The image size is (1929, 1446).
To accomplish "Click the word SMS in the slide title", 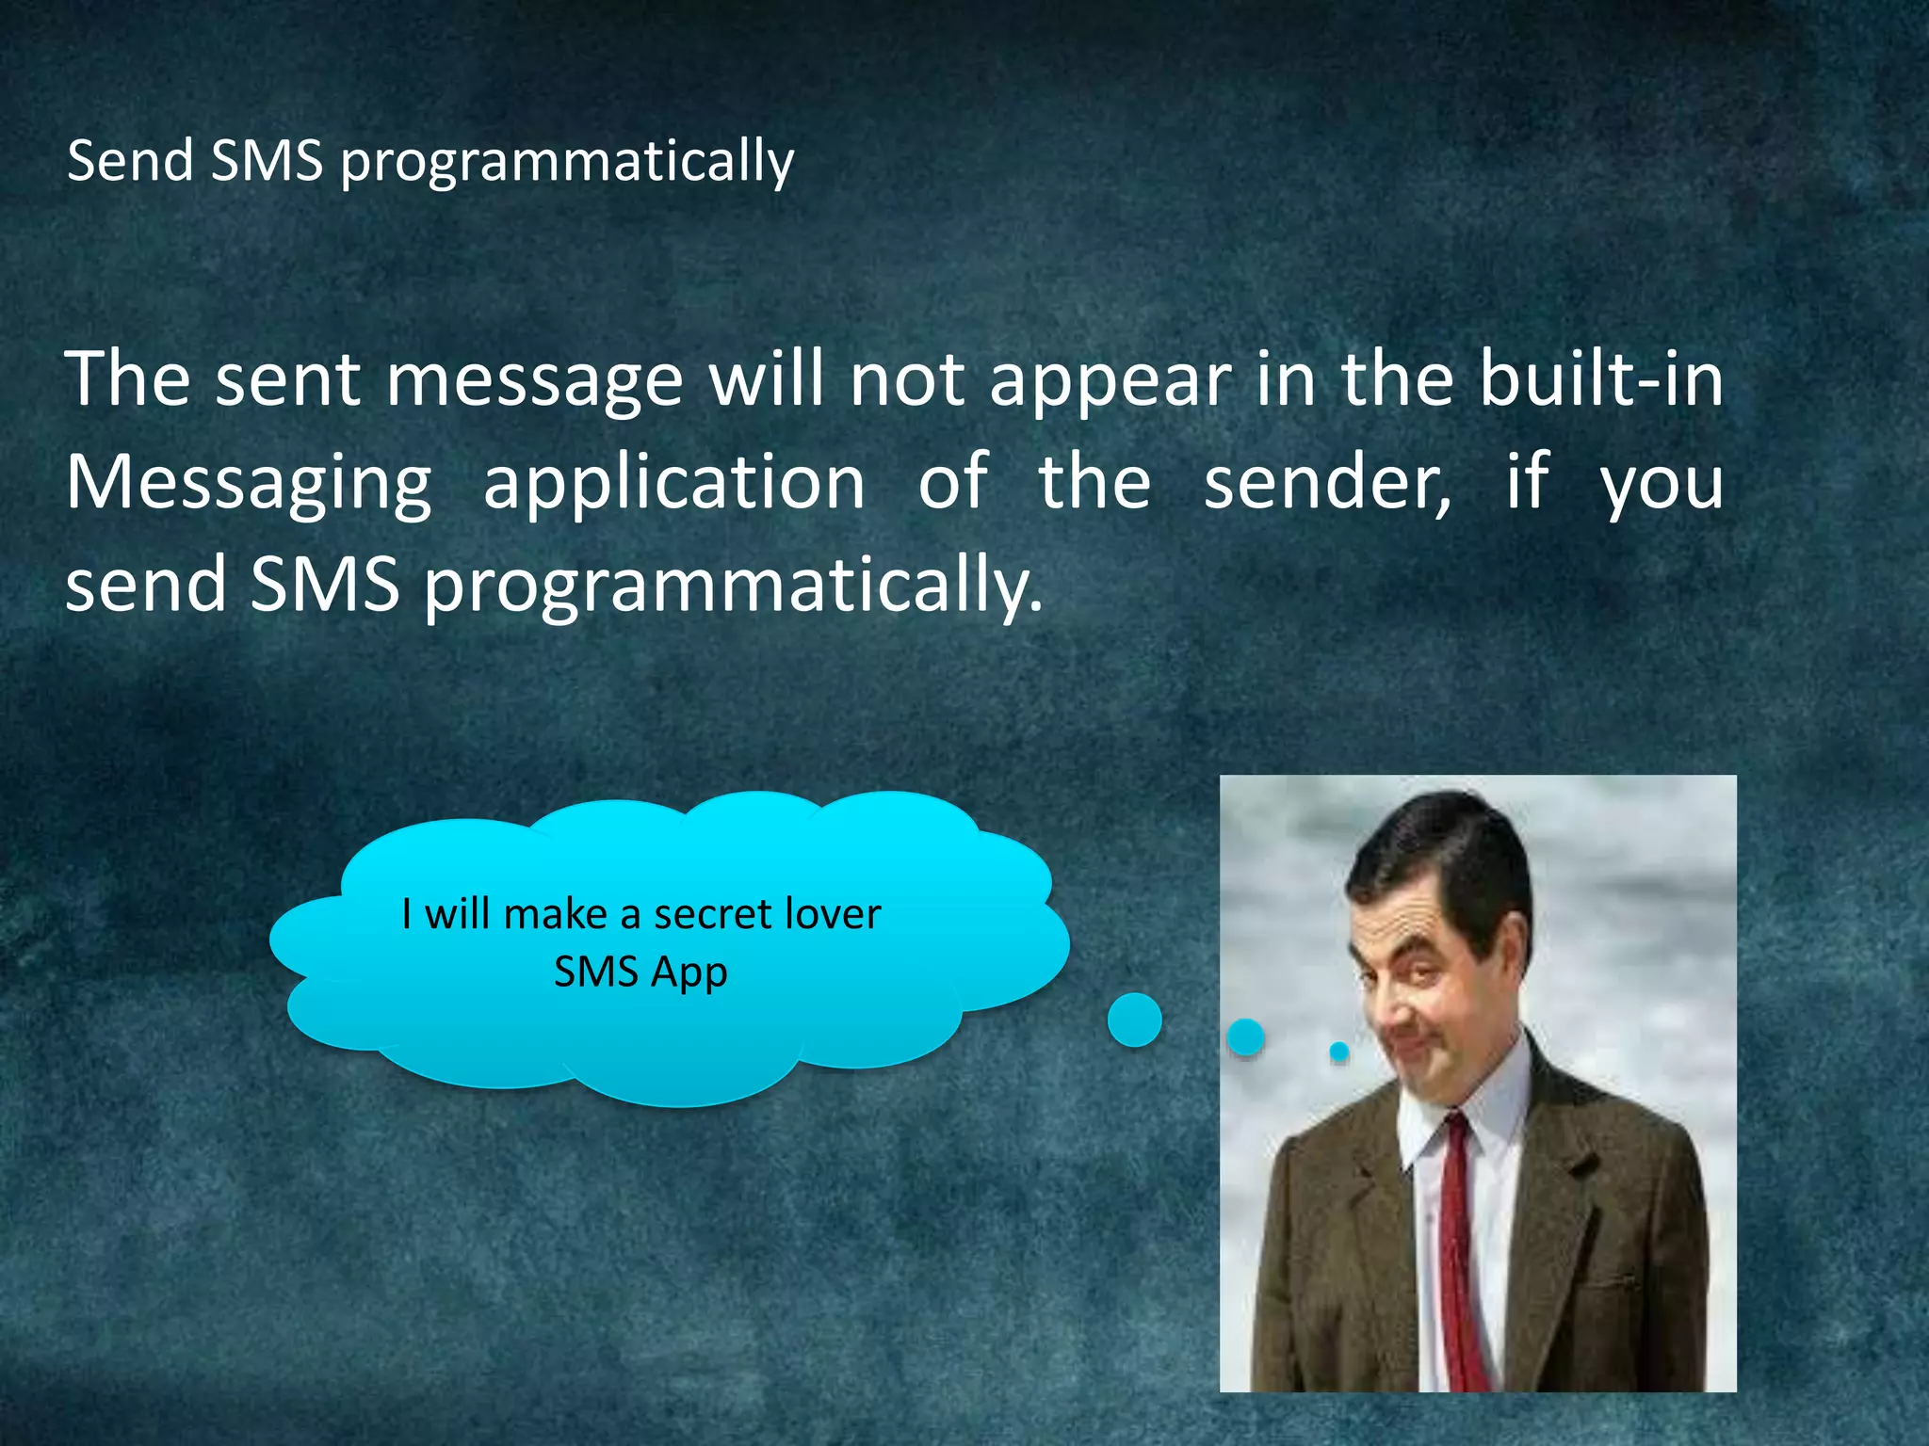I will coord(267,160).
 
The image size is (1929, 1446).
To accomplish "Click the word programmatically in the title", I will coord(567,162).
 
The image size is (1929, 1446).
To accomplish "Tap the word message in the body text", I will coord(534,379).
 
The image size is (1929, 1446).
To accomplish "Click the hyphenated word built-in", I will coord(1600,379).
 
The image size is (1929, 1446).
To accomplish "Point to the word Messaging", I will coord(248,483).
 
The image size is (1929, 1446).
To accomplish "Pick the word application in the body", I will coord(673,483).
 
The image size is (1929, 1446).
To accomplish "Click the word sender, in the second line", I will coord(1328,483).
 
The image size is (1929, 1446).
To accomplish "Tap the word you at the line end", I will coord(1662,483).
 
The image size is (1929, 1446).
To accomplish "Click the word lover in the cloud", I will coord(835,914).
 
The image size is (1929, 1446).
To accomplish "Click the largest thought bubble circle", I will coord(1134,1020).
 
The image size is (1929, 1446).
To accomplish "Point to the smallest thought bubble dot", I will coord(1338,1051).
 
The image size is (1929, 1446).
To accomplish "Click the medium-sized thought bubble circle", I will coord(1245,1036).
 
